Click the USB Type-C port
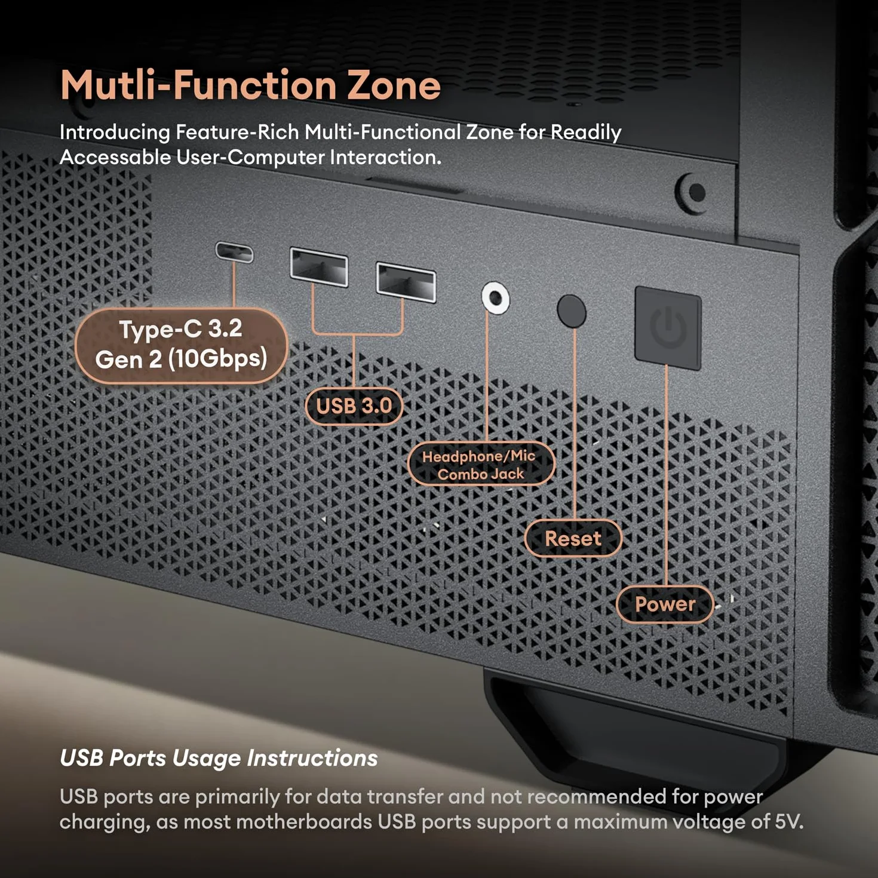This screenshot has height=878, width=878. pos(234,252)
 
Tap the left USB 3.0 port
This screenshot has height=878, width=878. pos(319,267)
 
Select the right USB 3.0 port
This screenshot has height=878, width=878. pos(406,282)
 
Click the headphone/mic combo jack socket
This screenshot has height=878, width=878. pos(495,299)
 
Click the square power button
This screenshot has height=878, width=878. pos(668,327)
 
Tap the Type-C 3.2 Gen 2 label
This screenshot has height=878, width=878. pos(182,345)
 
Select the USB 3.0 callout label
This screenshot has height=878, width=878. pos(354,406)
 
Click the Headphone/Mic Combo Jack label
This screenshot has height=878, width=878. pos(481,464)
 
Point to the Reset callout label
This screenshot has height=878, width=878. pos(573,539)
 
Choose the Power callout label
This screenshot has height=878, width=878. pos(665,604)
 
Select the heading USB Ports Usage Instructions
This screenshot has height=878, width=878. pos(219,759)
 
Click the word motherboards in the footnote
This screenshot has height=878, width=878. pos(305,821)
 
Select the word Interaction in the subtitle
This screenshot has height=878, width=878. pos(385,157)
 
